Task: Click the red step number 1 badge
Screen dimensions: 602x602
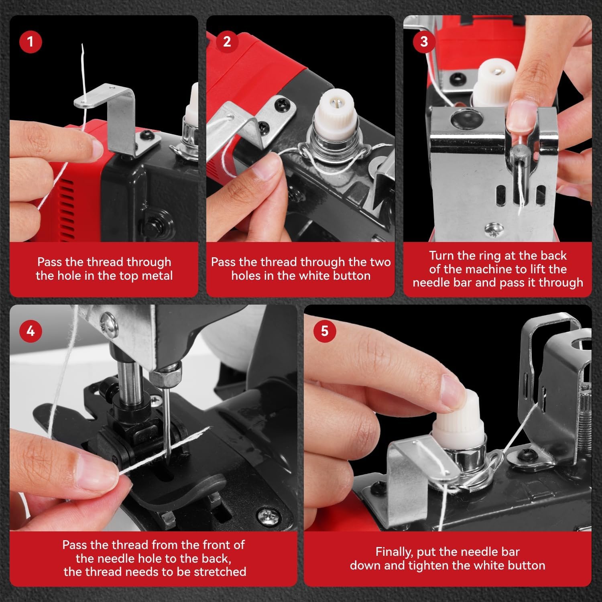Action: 31,41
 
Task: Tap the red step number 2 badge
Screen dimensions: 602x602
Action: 227,41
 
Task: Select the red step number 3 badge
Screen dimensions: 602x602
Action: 424,41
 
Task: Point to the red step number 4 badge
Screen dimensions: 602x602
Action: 31,331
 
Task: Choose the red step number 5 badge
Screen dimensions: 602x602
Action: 325,331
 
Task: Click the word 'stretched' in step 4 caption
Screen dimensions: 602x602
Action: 220,571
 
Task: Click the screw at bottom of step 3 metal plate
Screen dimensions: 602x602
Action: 491,230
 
